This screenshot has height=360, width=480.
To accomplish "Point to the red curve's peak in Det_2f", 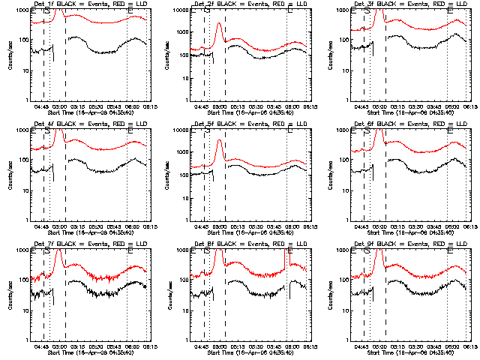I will [x=218, y=24].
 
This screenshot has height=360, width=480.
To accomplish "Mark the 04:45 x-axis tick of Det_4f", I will [x=42, y=226].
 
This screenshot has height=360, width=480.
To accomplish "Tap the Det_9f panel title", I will [x=409, y=244].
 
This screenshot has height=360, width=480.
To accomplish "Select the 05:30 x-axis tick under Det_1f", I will [x=94, y=106].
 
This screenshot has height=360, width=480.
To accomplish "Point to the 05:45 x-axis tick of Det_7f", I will [x=112, y=346].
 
